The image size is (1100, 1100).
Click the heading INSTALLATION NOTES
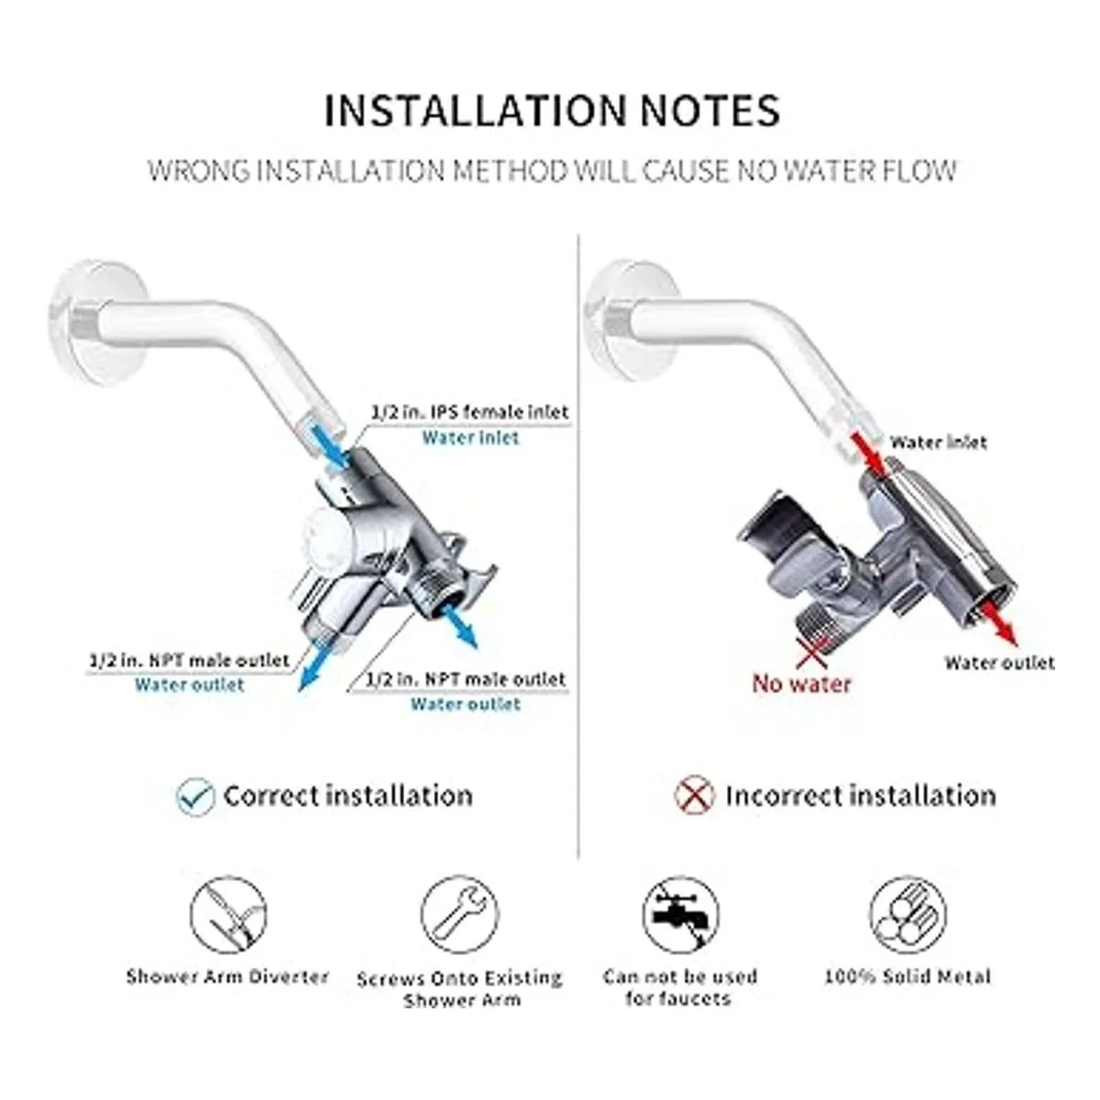(552, 110)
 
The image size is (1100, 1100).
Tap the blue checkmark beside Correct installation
(196, 795)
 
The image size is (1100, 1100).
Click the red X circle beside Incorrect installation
(694, 795)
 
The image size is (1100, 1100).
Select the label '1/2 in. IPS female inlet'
(470, 412)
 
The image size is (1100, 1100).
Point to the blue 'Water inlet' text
(470, 438)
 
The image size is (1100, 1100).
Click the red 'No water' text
(801, 683)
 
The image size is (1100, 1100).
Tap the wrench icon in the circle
(460, 915)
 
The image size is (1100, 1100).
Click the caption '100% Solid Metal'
(907, 976)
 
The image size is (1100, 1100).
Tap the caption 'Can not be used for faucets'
(680, 987)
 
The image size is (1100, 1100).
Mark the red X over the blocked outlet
(812, 652)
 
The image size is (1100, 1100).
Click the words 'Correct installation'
(347, 796)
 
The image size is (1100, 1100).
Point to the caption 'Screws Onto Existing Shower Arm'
(460, 989)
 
